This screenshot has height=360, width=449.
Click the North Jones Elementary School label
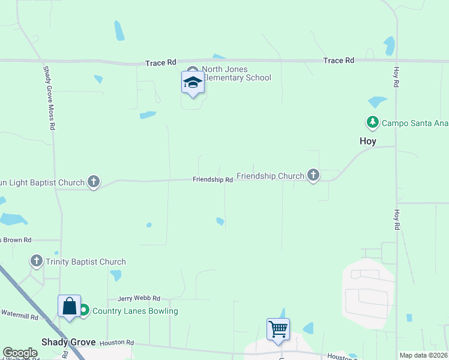coord(237,73)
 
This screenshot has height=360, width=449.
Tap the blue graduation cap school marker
coord(193,83)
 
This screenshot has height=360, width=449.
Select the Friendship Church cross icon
coord(313,175)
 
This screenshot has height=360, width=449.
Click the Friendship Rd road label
coord(212,179)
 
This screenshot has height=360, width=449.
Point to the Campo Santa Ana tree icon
coord(373,122)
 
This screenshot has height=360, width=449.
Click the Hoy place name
coord(367,141)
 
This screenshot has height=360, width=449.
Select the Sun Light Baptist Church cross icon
coord(93,181)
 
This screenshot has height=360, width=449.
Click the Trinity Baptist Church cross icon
coord(37,261)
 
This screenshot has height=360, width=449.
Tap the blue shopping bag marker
coord(70,306)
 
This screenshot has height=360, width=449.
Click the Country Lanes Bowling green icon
coord(84,310)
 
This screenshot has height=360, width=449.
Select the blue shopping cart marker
coord(278,329)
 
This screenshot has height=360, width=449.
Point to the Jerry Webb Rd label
coord(139,298)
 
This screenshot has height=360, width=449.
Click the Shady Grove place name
coord(68,342)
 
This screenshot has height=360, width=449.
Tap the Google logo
coord(20,353)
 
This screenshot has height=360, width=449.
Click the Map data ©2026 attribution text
coord(423,355)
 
